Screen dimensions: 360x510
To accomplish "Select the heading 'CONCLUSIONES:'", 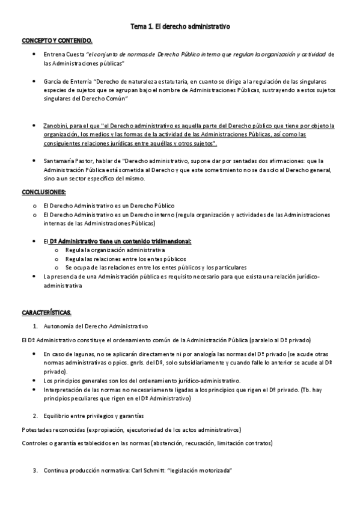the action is tap(44, 192).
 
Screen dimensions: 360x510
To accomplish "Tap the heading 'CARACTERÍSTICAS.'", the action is tap(46, 313).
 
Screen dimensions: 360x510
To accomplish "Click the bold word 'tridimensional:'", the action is tap(169, 241).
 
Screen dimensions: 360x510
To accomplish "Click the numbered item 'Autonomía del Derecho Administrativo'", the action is tap(96, 327).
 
